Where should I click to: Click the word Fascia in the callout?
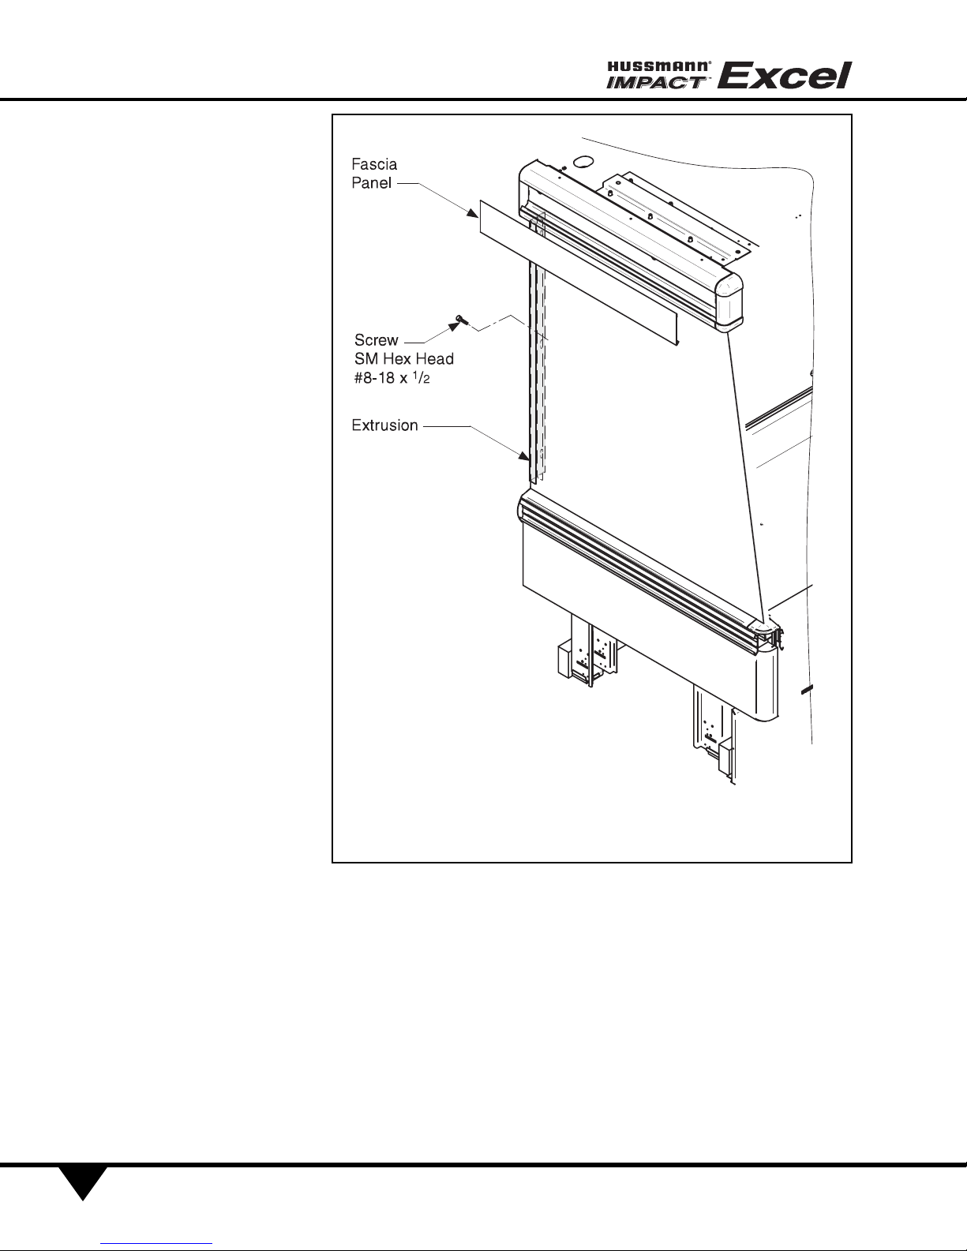click(374, 165)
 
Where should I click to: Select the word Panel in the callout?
click(371, 183)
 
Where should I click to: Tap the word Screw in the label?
click(376, 340)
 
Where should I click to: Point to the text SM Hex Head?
click(404, 359)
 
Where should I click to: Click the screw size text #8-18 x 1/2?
click(392, 379)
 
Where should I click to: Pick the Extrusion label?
click(384, 425)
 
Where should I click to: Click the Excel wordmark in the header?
click(784, 76)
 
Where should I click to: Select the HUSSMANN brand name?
click(660, 67)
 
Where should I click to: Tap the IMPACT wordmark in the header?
click(656, 82)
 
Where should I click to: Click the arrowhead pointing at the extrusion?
click(524, 456)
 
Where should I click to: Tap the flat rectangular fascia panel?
click(579, 273)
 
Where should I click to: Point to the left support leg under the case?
click(588, 650)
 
